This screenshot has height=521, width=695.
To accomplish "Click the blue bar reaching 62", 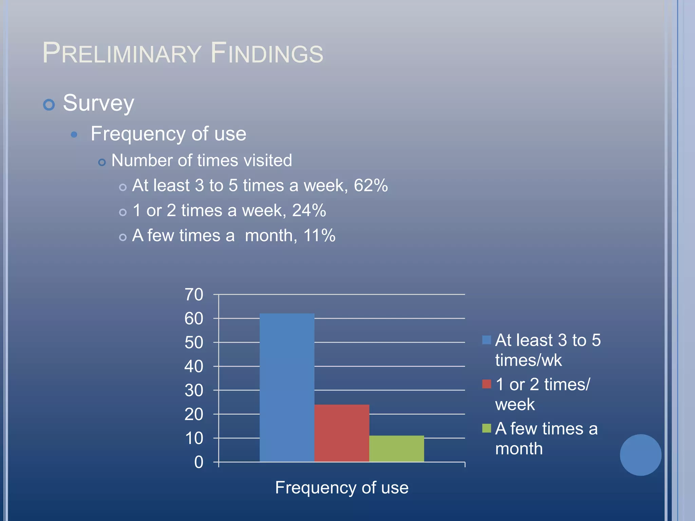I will click(287, 387).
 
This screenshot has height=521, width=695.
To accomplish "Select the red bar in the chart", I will click(341, 433).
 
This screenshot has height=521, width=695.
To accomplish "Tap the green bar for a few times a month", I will click(396, 448).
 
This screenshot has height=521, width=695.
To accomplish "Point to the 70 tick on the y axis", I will click(194, 294).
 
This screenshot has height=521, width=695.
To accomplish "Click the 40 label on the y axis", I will click(194, 366).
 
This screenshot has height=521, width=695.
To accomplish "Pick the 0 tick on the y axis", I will click(199, 462).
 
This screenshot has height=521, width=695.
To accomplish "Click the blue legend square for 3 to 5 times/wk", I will click(486, 340).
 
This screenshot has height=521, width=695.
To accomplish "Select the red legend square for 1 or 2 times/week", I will click(486, 384).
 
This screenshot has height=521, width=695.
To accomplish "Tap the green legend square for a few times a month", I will click(486, 428).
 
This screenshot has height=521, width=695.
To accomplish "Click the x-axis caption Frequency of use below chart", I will click(341, 488).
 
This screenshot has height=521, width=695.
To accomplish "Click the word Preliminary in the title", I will click(122, 53).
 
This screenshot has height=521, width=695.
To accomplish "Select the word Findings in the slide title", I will click(267, 53).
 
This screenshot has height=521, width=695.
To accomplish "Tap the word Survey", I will click(98, 103).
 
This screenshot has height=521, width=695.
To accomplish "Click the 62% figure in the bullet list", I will click(371, 186).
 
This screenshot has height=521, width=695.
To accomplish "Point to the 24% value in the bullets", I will click(309, 210).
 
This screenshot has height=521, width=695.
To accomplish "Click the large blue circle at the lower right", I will click(640, 455).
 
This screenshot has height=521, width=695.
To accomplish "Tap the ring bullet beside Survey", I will click(49, 105).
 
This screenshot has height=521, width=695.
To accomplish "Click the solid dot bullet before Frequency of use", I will click(74, 135).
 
